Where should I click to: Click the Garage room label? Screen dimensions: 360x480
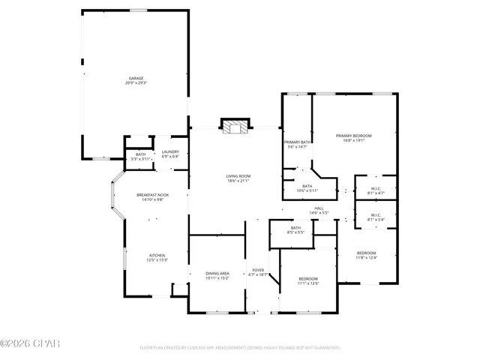136,77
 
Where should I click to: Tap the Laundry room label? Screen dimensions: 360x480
170,152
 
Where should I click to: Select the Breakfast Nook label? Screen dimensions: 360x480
152,195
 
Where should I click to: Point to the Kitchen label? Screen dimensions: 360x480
157,255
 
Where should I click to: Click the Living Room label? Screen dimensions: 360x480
238,176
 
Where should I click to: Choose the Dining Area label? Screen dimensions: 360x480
217,273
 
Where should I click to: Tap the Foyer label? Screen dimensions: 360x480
258,270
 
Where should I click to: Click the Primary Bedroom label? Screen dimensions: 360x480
353,136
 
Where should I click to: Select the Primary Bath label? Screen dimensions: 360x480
297,142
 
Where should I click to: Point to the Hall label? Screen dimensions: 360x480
319,208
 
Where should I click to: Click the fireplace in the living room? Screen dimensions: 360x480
235,126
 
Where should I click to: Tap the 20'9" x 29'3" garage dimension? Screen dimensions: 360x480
136,82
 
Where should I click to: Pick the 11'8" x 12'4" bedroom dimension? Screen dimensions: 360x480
366,258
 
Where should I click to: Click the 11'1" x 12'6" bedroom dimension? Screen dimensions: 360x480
307,283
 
